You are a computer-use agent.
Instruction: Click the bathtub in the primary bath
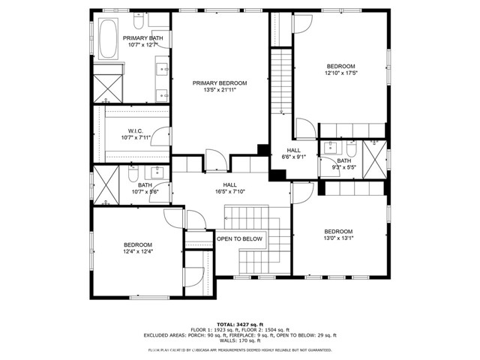tap(108, 38)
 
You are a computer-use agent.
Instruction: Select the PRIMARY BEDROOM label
tap(219, 83)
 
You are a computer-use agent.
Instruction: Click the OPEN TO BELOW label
tap(239, 238)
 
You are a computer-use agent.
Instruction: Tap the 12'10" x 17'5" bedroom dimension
tap(340, 73)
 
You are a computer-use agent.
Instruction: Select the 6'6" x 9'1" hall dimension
tap(289, 157)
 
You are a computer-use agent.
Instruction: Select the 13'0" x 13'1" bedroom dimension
tap(338, 238)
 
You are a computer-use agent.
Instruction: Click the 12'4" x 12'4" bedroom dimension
tap(138, 252)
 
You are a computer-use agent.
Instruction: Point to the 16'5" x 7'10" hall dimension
tap(229, 191)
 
